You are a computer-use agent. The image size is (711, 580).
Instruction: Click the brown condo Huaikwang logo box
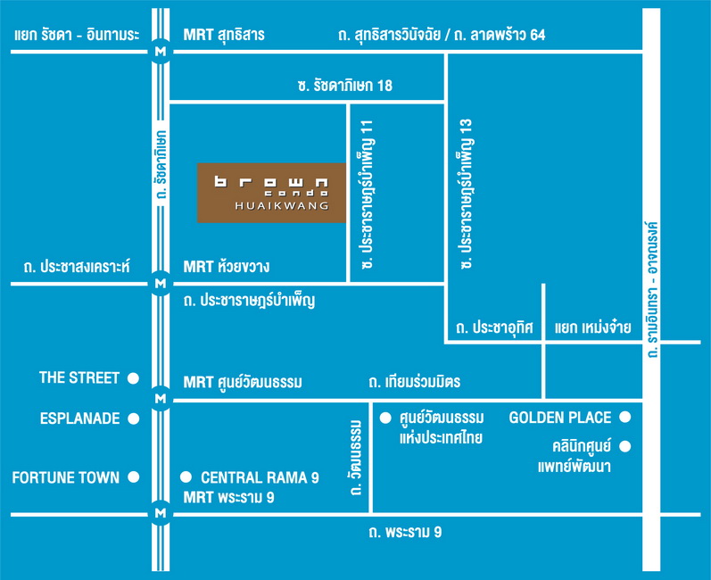click(x=271, y=193)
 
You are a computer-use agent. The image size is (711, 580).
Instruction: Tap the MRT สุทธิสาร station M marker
click(x=161, y=52)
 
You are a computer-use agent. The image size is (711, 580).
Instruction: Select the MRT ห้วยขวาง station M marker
click(x=161, y=284)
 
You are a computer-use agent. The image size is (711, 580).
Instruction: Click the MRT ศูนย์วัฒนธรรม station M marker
click(x=161, y=399)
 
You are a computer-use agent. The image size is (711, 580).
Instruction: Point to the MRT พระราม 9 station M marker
click(x=161, y=513)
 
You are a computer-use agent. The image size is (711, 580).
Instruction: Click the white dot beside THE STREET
click(x=133, y=378)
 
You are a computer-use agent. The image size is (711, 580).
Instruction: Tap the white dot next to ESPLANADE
click(x=133, y=418)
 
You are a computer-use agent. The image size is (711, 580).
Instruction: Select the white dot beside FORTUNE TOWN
click(x=133, y=477)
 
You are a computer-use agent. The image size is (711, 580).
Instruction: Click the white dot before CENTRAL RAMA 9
click(x=186, y=477)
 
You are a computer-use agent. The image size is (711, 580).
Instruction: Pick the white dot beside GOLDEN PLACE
click(x=625, y=418)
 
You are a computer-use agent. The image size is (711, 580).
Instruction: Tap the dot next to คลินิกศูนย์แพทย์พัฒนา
click(x=625, y=447)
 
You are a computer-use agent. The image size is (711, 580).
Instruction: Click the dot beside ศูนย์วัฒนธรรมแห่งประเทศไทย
click(x=385, y=418)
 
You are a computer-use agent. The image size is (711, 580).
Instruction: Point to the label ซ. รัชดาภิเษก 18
click(x=345, y=86)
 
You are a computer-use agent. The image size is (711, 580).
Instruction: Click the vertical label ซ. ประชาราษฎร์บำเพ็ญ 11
click(x=367, y=195)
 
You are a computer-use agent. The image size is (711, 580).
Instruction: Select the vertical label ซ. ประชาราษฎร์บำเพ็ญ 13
click(x=467, y=195)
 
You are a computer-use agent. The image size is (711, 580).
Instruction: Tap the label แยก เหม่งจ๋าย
click(x=592, y=327)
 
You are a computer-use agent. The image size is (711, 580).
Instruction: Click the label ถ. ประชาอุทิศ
click(x=494, y=327)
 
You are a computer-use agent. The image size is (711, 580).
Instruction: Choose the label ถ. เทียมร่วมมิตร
click(x=415, y=382)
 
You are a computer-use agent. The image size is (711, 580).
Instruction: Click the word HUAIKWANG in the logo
click(x=282, y=206)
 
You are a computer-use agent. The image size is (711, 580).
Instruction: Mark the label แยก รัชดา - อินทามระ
click(x=77, y=35)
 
